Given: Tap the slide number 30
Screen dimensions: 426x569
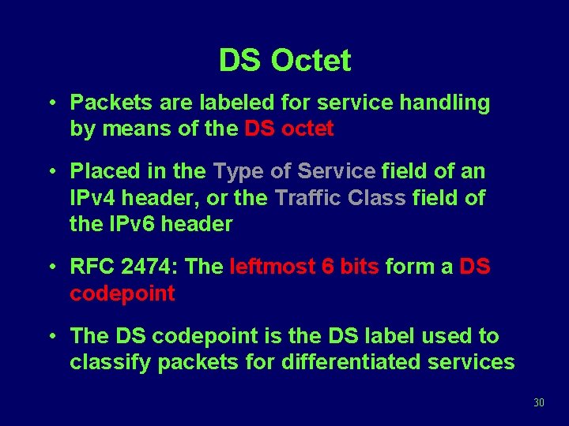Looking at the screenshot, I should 539,402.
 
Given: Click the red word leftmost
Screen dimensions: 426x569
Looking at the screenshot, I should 273,267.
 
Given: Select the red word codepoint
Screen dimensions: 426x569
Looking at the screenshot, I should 122,294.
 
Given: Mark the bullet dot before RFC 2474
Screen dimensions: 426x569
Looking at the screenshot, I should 51,267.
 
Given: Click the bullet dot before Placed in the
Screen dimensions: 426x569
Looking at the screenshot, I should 51,170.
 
